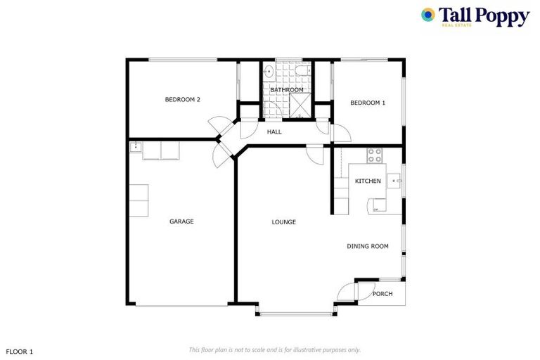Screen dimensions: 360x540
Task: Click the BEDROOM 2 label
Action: [x=182, y=100]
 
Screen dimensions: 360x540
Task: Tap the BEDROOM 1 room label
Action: [x=368, y=103]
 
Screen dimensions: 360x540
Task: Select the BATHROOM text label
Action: [x=287, y=90]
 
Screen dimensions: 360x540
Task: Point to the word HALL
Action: [x=274, y=131]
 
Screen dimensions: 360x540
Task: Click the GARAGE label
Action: [x=181, y=221]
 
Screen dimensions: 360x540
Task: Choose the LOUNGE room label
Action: [x=283, y=222]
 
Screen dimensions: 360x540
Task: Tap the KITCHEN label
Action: [x=368, y=181]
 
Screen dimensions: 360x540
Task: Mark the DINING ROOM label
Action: [x=367, y=246]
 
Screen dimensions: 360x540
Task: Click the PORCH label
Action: [x=382, y=294]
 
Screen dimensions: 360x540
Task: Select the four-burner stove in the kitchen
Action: [x=374, y=154]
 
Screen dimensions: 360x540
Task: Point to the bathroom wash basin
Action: [x=269, y=71]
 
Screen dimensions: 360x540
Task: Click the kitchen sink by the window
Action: [x=397, y=181]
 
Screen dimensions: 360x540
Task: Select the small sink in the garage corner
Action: [x=135, y=148]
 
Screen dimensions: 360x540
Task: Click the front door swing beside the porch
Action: [x=347, y=291]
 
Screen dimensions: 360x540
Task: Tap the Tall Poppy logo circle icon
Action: [x=427, y=14]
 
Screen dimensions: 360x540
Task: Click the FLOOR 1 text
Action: [x=20, y=350]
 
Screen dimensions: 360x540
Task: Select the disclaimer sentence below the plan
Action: [x=274, y=349]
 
